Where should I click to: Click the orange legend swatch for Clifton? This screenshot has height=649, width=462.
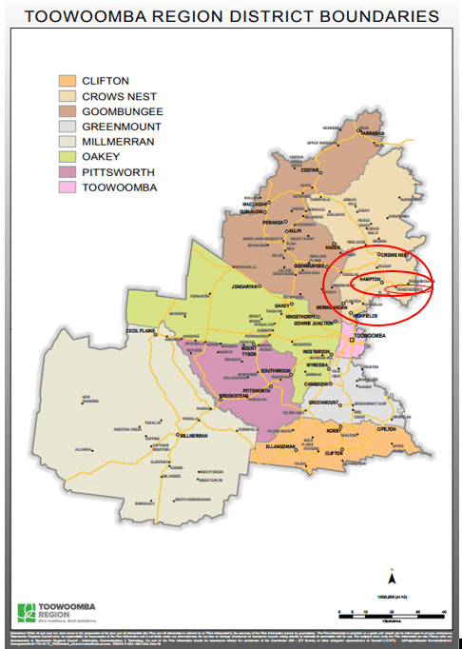pos(67,81)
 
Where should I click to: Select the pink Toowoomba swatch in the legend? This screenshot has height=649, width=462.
pos(67,187)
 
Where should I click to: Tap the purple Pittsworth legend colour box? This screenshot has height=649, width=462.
pos(67,172)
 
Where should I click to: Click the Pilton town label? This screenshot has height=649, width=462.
pos(385,429)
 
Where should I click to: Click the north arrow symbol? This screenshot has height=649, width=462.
pos(391,577)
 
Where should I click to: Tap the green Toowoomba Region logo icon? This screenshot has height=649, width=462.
pos(27,611)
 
